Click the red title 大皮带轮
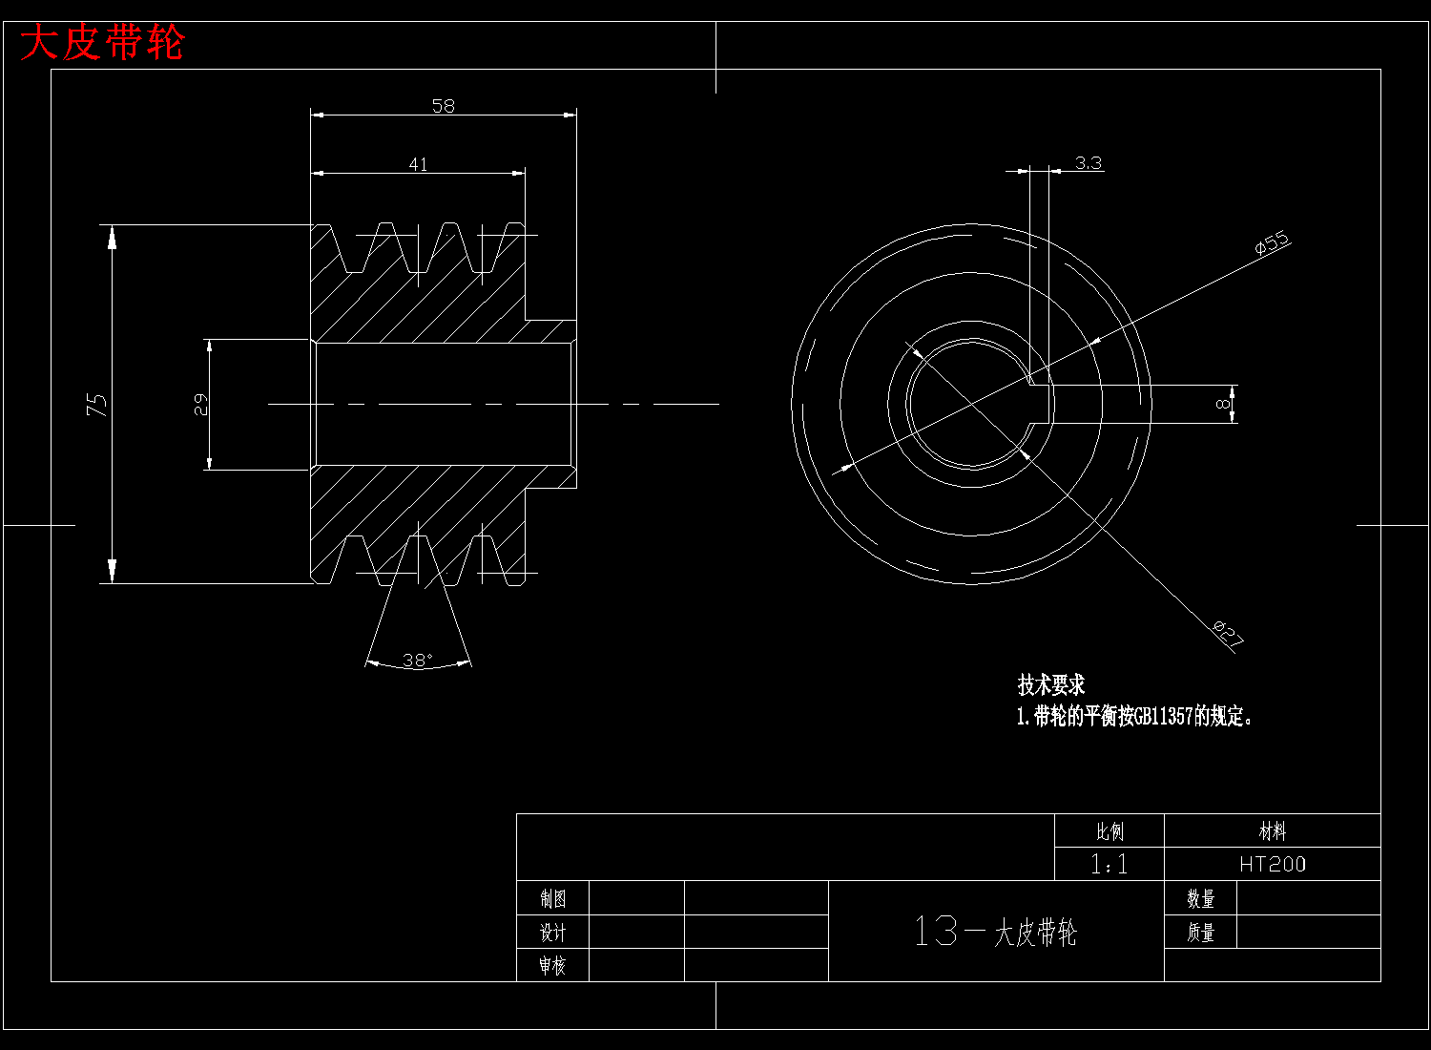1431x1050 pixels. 102,43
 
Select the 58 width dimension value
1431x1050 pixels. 444,106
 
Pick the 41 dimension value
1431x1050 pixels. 418,164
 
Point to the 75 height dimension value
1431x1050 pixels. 97,404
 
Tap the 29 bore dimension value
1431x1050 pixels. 201,405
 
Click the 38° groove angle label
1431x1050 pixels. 418,660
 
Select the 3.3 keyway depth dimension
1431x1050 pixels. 1088,163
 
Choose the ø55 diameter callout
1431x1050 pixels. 1272,243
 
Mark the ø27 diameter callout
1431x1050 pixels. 1228,633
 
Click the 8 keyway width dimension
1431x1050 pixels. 1222,404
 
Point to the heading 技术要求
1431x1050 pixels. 1051,685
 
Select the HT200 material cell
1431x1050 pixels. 1272,864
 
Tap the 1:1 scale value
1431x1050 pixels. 1109,864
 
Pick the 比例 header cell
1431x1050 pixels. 1110,831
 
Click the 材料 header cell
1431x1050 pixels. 1272,831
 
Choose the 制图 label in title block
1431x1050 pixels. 552,898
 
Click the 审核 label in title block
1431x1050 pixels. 552,965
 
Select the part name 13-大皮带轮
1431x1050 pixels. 995,932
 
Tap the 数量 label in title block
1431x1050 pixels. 1200,898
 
